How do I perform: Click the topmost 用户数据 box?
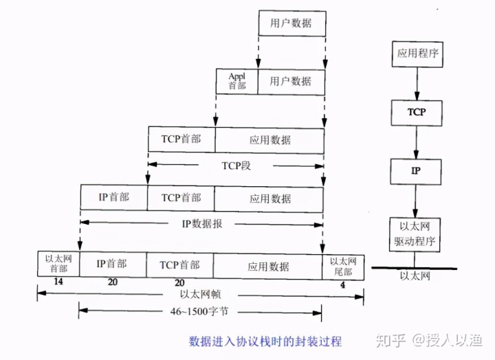[x=291, y=23]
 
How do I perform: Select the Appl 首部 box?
[x=237, y=81]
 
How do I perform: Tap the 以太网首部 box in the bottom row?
[x=58, y=265]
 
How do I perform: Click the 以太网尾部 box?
[x=343, y=265]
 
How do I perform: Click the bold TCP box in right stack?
[x=416, y=111]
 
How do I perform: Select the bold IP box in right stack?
[x=415, y=170]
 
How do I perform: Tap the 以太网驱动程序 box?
[x=415, y=234]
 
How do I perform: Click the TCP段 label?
[x=236, y=165]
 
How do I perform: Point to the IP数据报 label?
[x=201, y=223]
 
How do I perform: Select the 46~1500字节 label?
[x=200, y=311]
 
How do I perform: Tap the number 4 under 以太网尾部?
[x=344, y=282]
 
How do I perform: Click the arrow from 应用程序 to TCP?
[x=416, y=82]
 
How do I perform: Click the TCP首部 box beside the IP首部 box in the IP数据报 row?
[x=181, y=198]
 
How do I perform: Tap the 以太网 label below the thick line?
[x=415, y=276]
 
